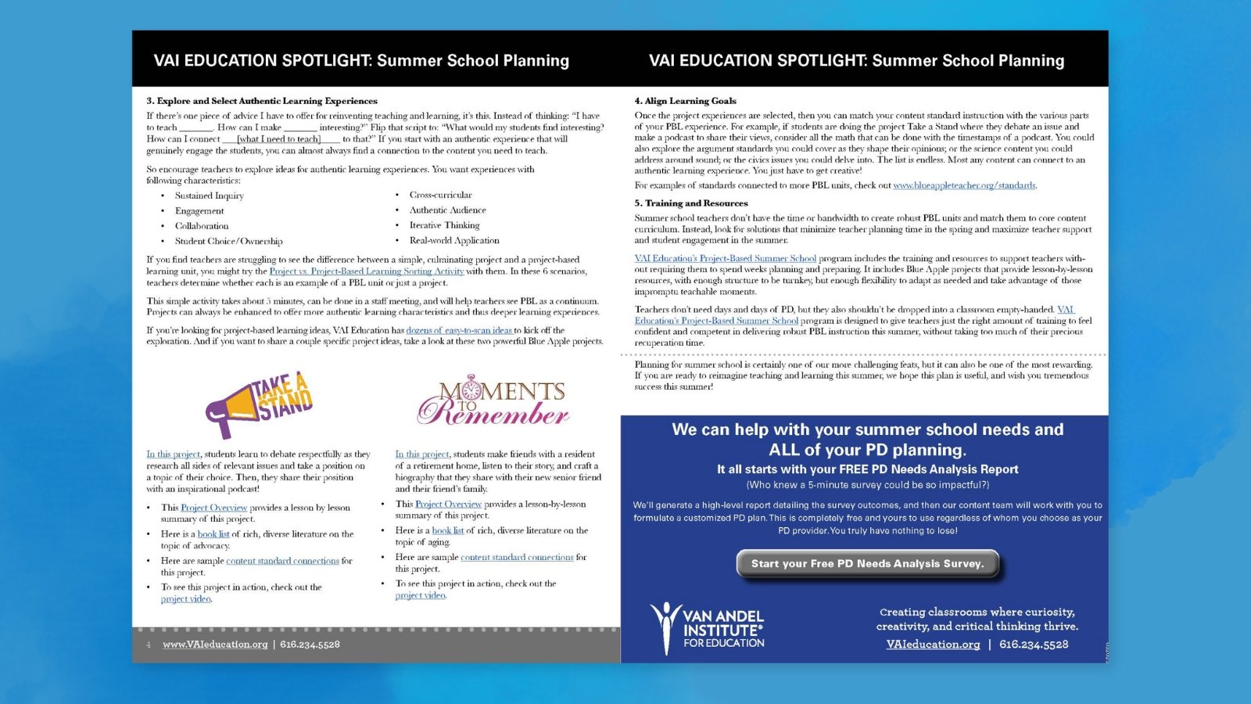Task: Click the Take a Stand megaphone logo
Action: coord(259,404)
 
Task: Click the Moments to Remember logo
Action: coord(493,400)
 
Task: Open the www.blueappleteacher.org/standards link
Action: coord(964,185)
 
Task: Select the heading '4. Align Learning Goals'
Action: coord(685,101)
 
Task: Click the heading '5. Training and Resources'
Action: coord(691,203)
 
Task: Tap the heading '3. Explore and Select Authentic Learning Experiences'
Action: coord(262,101)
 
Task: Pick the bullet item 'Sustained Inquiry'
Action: coord(210,196)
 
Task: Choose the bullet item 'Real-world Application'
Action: coord(454,240)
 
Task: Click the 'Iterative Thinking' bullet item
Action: coord(444,225)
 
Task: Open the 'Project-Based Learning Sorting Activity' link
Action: coord(367,271)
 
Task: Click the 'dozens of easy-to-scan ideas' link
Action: coord(459,330)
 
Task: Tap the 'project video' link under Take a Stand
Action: coord(186,599)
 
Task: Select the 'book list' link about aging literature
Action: coord(448,530)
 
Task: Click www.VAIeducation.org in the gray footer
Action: coord(215,645)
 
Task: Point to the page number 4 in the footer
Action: coord(149,645)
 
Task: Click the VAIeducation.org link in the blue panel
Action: coord(933,645)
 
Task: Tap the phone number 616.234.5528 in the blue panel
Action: coord(1034,645)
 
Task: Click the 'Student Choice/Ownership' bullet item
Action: coord(229,241)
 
